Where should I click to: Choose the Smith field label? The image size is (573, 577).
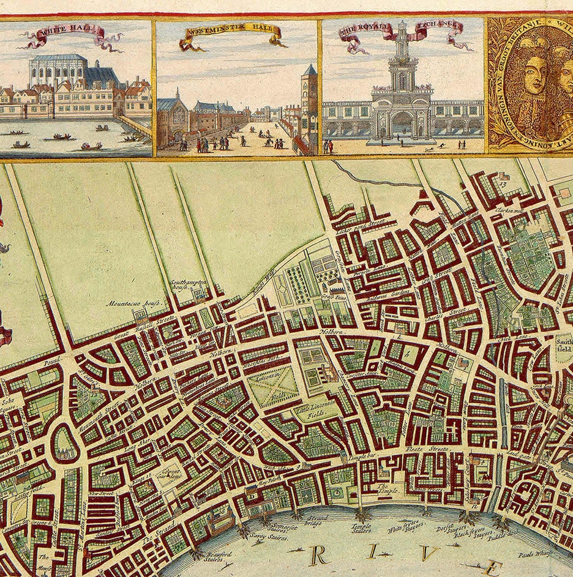563,349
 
